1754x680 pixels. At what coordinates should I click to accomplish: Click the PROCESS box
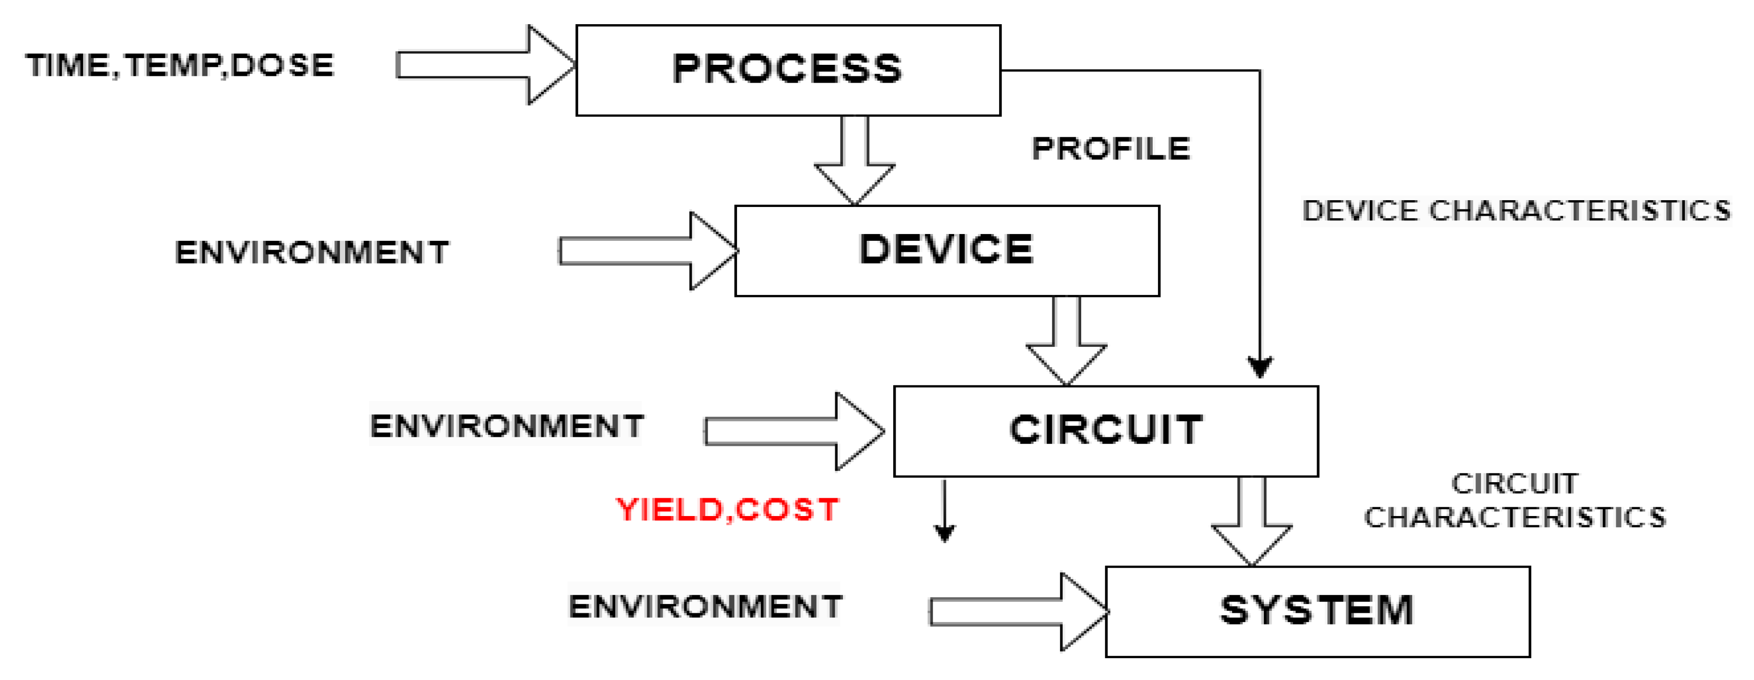tap(788, 70)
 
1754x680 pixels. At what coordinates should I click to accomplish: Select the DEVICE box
tap(946, 250)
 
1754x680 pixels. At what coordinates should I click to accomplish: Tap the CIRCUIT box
tap(1106, 430)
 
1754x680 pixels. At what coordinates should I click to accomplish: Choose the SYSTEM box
tap(1318, 611)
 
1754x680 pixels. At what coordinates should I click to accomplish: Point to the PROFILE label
tap(1111, 148)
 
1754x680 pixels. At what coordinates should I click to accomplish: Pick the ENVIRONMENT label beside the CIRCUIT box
tap(507, 426)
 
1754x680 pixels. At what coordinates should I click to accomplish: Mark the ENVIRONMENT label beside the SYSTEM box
tap(705, 606)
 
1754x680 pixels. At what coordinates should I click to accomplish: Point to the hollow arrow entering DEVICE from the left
tap(647, 251)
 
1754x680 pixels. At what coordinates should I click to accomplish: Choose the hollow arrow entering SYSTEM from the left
tap(1018, 611)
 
